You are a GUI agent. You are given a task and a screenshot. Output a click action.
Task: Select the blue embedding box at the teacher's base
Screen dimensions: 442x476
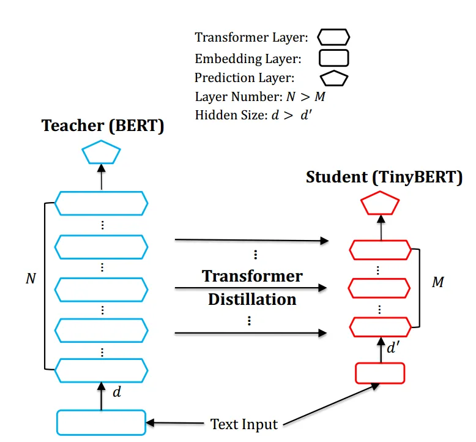(x=102, y=422)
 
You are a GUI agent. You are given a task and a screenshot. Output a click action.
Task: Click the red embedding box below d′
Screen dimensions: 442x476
(x=381, y=373)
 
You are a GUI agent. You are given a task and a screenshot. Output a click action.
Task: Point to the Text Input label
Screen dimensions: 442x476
(x=244, y=424)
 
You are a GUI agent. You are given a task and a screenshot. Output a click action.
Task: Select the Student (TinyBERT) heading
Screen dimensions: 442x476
(x=384, y=178)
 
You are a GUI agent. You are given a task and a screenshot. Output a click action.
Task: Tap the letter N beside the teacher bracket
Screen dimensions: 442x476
(x=31, y=279)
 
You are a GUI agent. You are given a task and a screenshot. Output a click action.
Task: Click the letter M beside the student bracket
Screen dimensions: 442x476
(x=438, y=283)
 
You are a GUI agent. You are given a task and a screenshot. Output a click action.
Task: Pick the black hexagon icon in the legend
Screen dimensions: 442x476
(x=333, y=37)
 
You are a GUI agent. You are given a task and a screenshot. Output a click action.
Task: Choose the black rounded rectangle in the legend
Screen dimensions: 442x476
(x=333, y=58)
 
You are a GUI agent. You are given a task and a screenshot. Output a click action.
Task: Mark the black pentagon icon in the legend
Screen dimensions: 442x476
(x=333, y=78)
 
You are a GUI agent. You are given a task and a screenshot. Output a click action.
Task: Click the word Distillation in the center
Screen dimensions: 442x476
(x=252, y=299)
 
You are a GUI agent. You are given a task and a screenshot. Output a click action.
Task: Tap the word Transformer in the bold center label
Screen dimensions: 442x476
(x=252, y=276)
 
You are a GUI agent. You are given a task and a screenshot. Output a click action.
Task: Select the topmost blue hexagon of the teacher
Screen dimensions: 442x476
(x=102, y=203)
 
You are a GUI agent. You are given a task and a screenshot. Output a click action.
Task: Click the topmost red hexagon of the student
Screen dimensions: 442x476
(x=381, y=250)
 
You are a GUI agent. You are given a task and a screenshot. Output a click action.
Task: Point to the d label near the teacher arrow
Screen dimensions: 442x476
(x=117, y=392)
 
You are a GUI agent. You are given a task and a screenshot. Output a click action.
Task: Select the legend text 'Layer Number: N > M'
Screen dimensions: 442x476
(x=264, y=97)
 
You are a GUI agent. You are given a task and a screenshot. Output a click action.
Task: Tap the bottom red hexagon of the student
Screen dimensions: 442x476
(x=381, y=325)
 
